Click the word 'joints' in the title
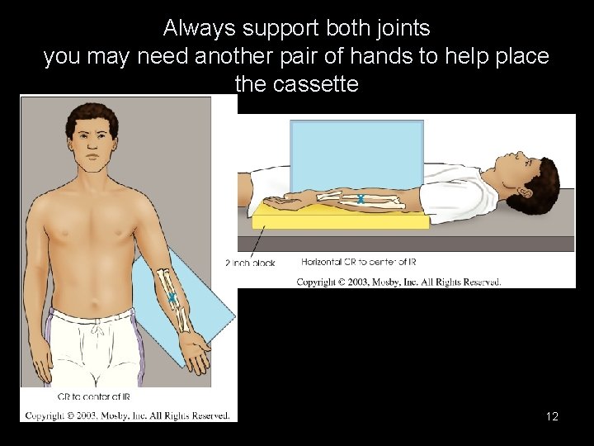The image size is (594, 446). pos(403,28)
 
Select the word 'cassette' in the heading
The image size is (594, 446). pos(315,83)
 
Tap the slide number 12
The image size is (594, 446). pos(552,416)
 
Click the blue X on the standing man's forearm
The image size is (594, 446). pos(172,297)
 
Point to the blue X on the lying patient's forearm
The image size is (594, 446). pos(361,199)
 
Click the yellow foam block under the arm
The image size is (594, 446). pos(341,218)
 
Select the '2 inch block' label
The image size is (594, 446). pos(250,263)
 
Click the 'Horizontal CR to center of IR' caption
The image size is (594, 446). pos(358,262)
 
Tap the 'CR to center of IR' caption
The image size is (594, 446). pos(93,396)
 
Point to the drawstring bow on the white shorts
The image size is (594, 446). pos(97,329)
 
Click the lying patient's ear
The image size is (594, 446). pos(526,192)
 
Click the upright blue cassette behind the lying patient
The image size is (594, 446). pos(357,155)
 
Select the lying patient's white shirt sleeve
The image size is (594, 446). pos(455,200)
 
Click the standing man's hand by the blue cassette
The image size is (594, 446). pos(195,353)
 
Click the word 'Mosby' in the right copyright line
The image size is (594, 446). pos(386,282)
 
